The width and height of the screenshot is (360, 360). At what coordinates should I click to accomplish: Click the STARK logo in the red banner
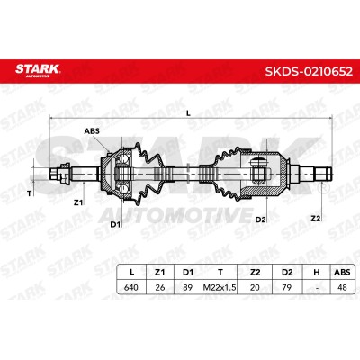(38, 70)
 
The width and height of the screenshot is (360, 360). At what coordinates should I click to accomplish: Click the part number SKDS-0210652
(309, 71)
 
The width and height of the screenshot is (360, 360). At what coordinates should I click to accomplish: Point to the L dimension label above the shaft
(188, 113)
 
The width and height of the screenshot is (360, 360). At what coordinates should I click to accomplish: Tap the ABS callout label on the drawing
(92, 130)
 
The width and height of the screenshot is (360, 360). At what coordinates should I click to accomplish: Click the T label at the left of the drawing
(29, 193)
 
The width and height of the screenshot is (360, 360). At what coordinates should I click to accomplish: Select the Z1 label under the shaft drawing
(78, 202)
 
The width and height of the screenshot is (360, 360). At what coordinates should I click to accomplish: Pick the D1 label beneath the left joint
(115, 224)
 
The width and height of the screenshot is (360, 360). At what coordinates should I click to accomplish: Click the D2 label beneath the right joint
(261, 220)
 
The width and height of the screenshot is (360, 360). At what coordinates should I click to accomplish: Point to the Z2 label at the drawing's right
(316, 219)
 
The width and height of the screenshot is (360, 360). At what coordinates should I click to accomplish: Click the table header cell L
(131, 272)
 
